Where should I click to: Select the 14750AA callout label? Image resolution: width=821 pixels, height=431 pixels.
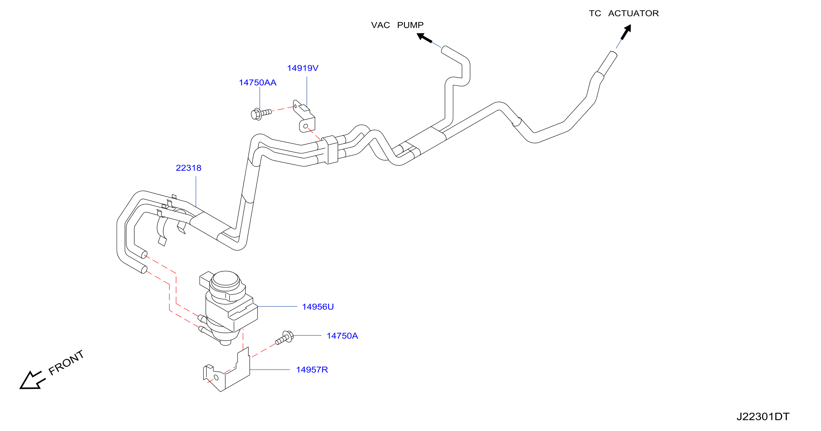[258, 82]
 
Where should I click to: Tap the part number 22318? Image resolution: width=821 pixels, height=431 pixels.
[188, 168]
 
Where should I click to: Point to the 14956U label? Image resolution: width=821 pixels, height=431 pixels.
[318, 307]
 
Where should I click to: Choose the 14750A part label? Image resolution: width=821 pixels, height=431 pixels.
[342, 336]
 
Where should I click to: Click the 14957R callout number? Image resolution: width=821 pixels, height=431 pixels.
[312, 369]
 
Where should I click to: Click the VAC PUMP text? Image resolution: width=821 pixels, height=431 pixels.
[397, 25]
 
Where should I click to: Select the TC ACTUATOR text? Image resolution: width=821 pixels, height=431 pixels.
[624, 13]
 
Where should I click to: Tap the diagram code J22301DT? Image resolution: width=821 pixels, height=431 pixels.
[763, 416]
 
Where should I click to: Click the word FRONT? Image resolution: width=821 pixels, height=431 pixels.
[66, 362]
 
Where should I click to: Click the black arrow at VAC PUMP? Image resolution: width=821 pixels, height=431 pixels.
[425, 38]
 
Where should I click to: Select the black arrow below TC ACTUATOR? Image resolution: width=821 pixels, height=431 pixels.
[626, 32]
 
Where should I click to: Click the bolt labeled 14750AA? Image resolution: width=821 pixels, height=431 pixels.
[261, 114]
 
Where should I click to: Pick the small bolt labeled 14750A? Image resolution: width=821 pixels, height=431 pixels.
[284, 337]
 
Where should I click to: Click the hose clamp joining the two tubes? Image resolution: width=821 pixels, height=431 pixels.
[330, 150]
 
